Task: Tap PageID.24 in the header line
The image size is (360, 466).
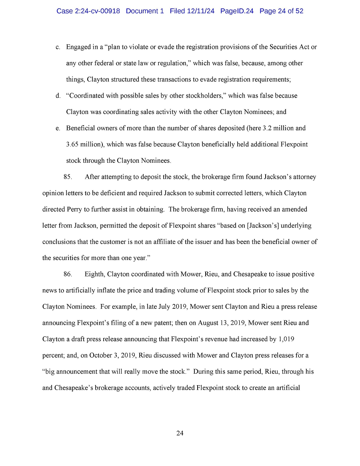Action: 237,11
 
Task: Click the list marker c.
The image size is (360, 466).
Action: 58,47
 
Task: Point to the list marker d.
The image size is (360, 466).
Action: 58,96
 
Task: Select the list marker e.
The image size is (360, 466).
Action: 58,128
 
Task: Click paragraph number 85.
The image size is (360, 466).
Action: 68,177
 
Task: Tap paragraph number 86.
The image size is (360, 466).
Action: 68,274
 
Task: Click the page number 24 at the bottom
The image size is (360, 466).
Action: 180,433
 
